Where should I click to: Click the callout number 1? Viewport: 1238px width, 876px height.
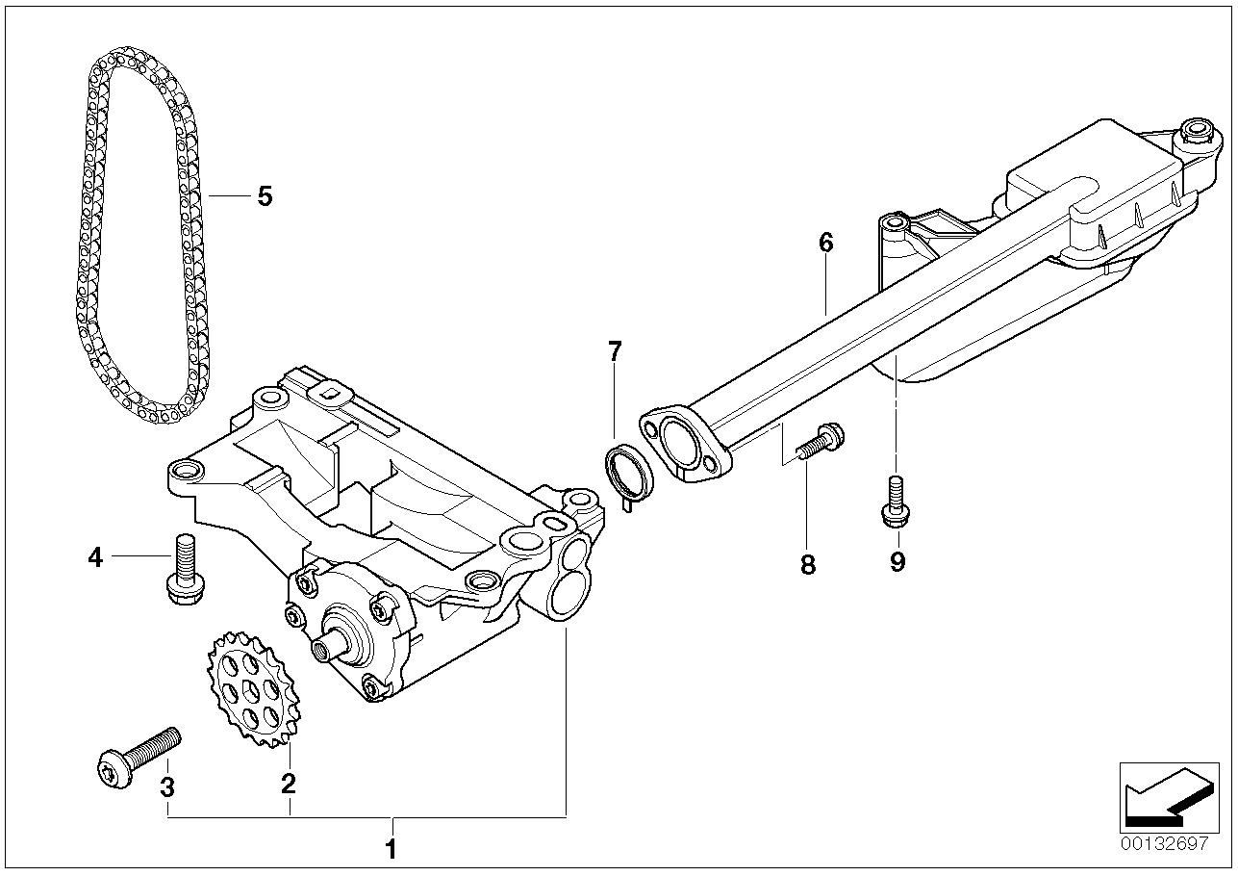[391, 850]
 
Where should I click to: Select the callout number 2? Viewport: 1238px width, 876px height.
[288, 785]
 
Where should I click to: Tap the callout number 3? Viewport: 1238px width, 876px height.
[167, 787]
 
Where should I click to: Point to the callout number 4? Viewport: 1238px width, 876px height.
[95, 556]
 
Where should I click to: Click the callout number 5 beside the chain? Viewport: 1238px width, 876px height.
[265, 196]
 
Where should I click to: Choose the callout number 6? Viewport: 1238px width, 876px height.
[826, 243]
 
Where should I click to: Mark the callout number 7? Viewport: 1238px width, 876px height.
[615, 351]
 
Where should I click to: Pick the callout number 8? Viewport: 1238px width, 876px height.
[808, 565]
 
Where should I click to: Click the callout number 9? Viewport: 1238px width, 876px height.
[897, 561]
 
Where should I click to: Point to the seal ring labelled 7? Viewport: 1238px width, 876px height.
[629, 475]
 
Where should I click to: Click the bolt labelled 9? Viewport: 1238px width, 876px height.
[894, 503]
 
